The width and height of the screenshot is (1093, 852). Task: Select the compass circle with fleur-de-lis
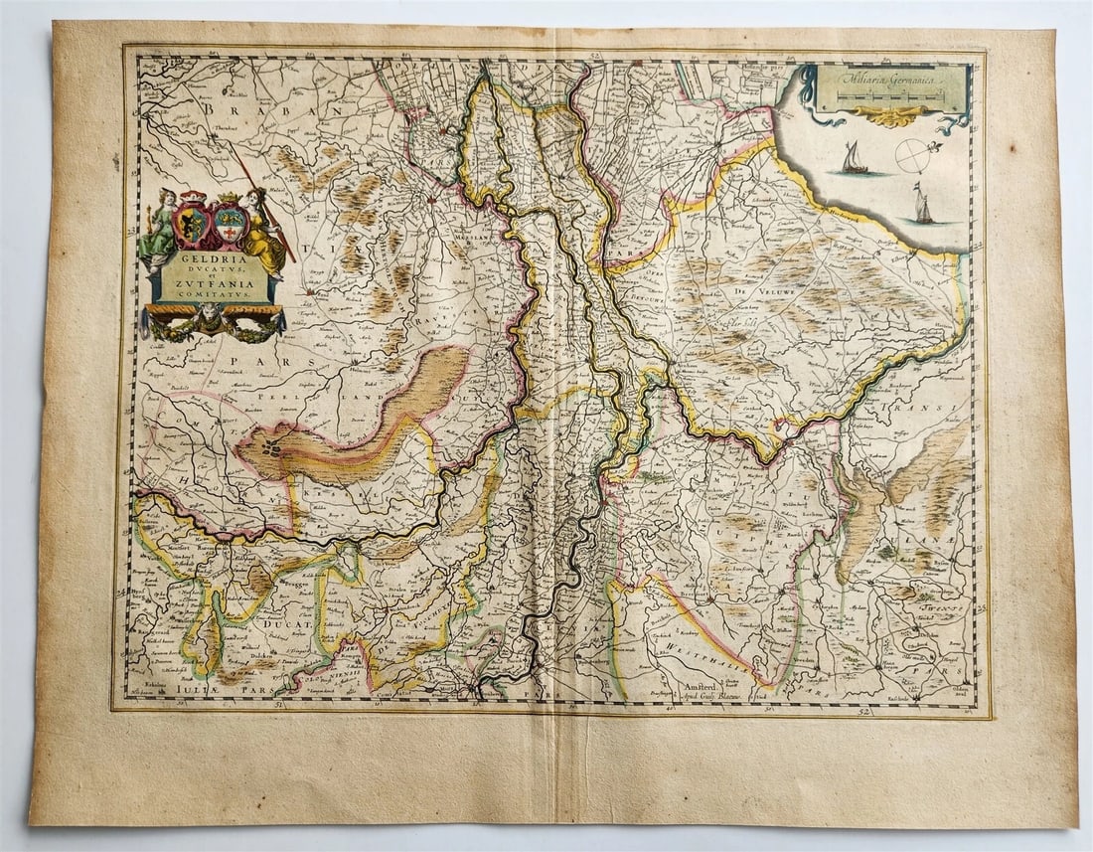[915, 155]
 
